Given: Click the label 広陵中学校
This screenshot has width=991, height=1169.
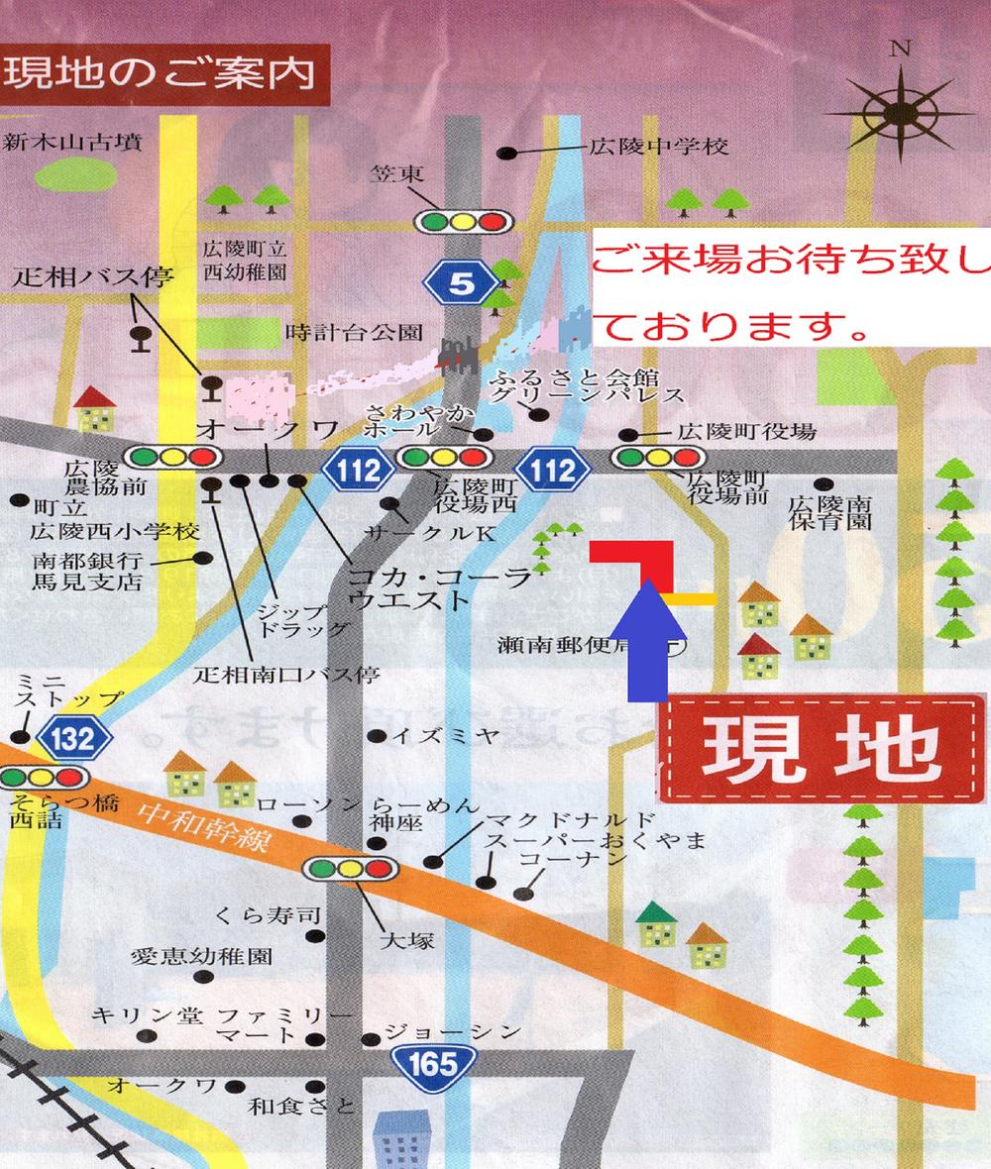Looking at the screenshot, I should (659, 148).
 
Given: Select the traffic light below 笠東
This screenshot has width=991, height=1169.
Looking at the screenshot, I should (462, 220).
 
